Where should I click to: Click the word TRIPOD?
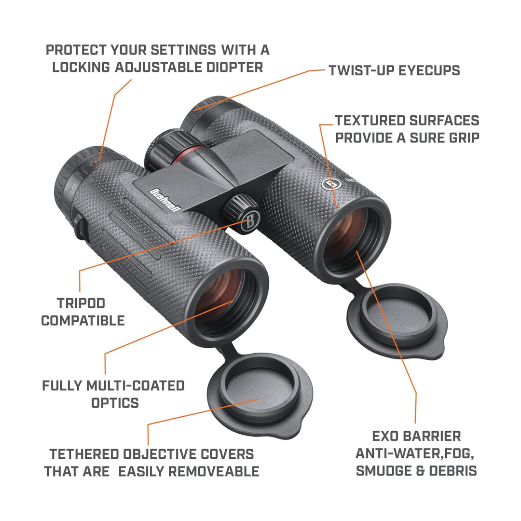coord(81,303)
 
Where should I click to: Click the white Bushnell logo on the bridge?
coord(165,198)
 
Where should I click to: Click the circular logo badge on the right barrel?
coord(330,183)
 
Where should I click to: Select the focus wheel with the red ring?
coord(169,149)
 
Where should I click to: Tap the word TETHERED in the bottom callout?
coord(84,454)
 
